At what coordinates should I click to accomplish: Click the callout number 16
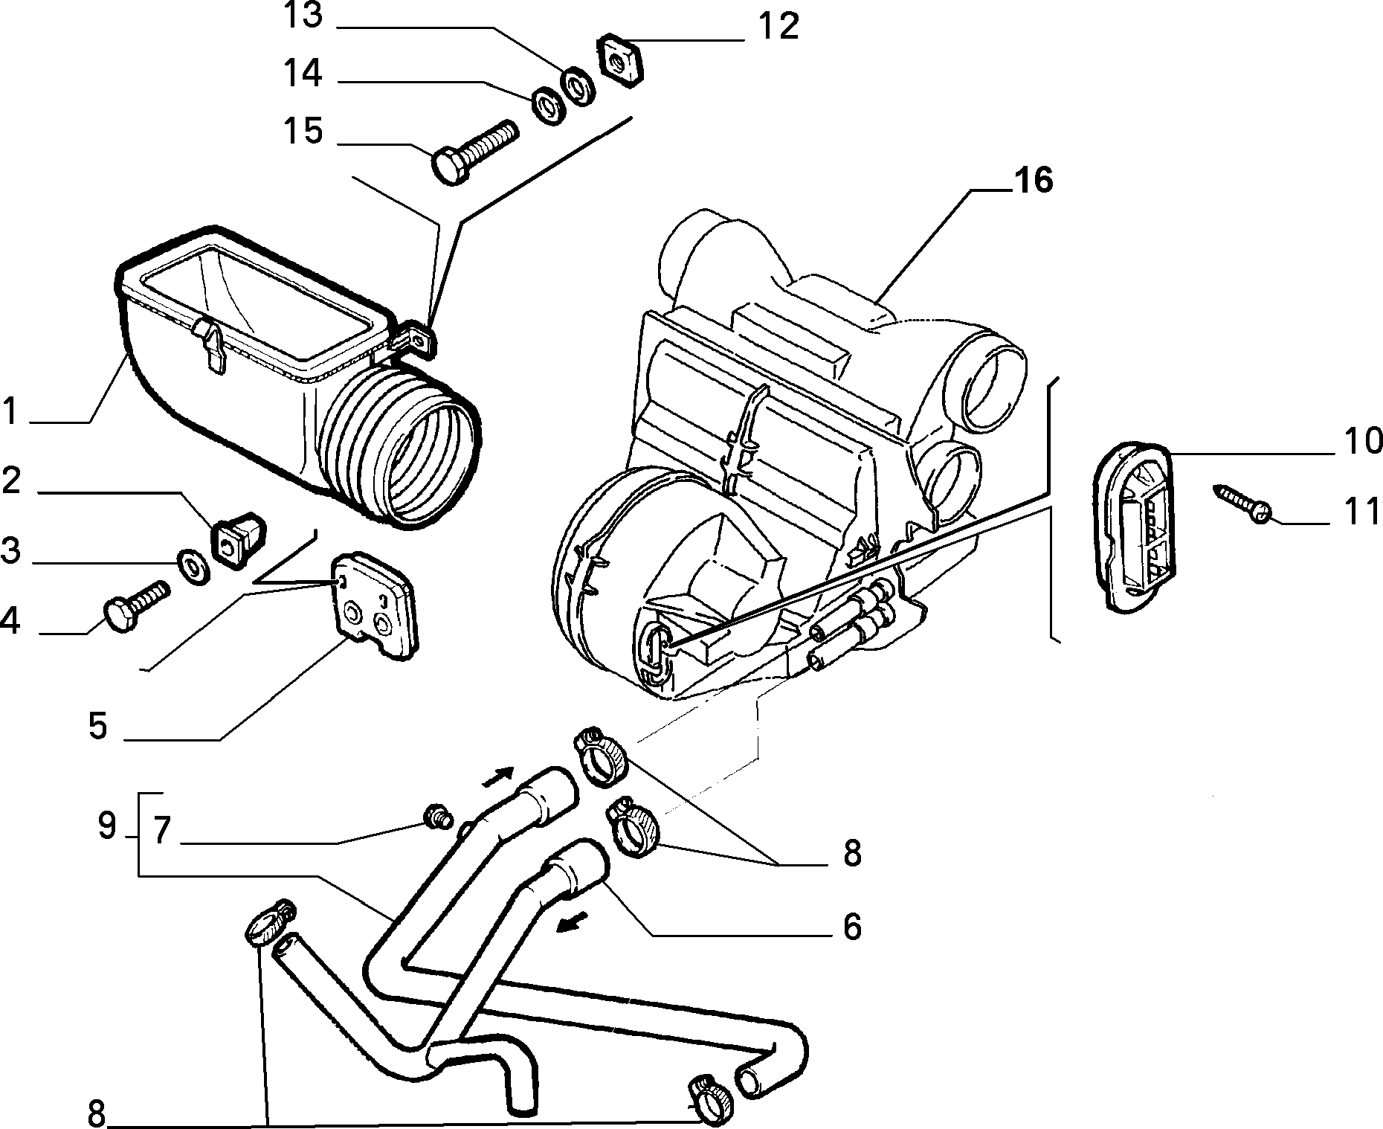point(1033,181)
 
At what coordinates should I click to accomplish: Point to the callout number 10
point(1363,442)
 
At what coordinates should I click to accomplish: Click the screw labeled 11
point(1242,501)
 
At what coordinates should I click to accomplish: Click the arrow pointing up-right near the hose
point(498,777)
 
